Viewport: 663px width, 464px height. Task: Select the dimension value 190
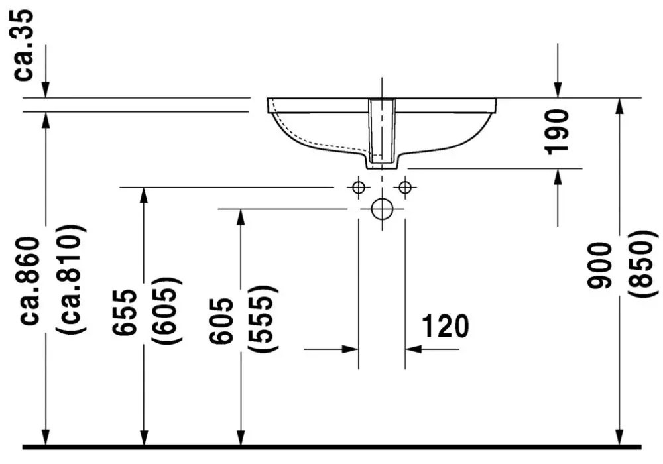coord(556,132)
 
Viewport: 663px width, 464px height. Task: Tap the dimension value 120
coord(446,326)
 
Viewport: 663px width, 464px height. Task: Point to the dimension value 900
coord(599,265)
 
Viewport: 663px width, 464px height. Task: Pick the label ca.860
coord(31,280)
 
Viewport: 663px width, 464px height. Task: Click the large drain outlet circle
coord(383,209)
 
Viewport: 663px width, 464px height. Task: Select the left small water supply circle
coord(359,187)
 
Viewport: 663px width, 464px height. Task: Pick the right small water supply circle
coord(405,187)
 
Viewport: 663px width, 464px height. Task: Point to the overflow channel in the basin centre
coord(383,131)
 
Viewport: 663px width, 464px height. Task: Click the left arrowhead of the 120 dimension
coord(350,349)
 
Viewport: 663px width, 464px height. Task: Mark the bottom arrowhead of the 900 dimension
coord(619,437)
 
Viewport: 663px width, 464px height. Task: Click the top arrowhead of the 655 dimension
coord(144,196)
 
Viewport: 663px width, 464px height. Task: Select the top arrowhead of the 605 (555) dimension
coord(241,217)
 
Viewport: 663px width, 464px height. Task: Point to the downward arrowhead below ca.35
coord(46,89)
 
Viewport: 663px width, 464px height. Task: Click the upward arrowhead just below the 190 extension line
coord(558,177)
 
